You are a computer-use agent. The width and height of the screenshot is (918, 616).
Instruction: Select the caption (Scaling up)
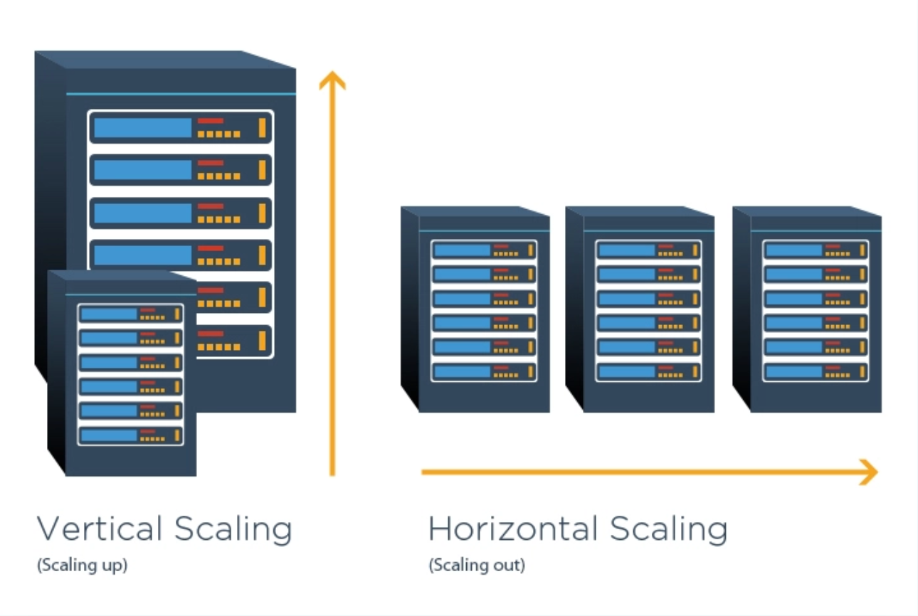point(82,566)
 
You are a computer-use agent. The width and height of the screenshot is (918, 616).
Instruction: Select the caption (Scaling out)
point(476,566)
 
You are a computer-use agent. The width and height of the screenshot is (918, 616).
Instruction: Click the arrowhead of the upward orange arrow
point(332,80)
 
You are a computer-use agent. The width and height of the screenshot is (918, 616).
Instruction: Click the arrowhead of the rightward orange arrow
point(868,472)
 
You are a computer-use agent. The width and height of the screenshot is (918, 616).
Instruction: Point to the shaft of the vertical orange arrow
point(332,285)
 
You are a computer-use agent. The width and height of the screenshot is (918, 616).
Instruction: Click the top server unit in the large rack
point(180,128)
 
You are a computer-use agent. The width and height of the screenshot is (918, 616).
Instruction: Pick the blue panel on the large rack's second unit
point(143,170)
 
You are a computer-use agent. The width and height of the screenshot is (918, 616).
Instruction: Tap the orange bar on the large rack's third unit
point(262,213)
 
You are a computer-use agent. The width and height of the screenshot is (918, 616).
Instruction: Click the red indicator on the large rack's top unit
point(211,121)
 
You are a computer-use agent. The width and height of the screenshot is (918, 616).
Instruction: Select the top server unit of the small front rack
point(130,314)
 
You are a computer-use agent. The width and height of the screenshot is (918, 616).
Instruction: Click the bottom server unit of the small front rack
point(130,435)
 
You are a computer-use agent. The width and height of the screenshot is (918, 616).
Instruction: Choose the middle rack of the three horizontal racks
point(640,309)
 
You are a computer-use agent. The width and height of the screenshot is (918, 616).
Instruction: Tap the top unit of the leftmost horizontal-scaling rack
point(484,250)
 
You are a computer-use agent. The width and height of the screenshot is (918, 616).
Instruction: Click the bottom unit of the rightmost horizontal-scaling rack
point(815,371)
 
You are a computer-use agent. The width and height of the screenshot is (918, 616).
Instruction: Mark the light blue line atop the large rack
point(180,93)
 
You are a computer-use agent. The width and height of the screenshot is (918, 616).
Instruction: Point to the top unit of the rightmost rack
point(815,250)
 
